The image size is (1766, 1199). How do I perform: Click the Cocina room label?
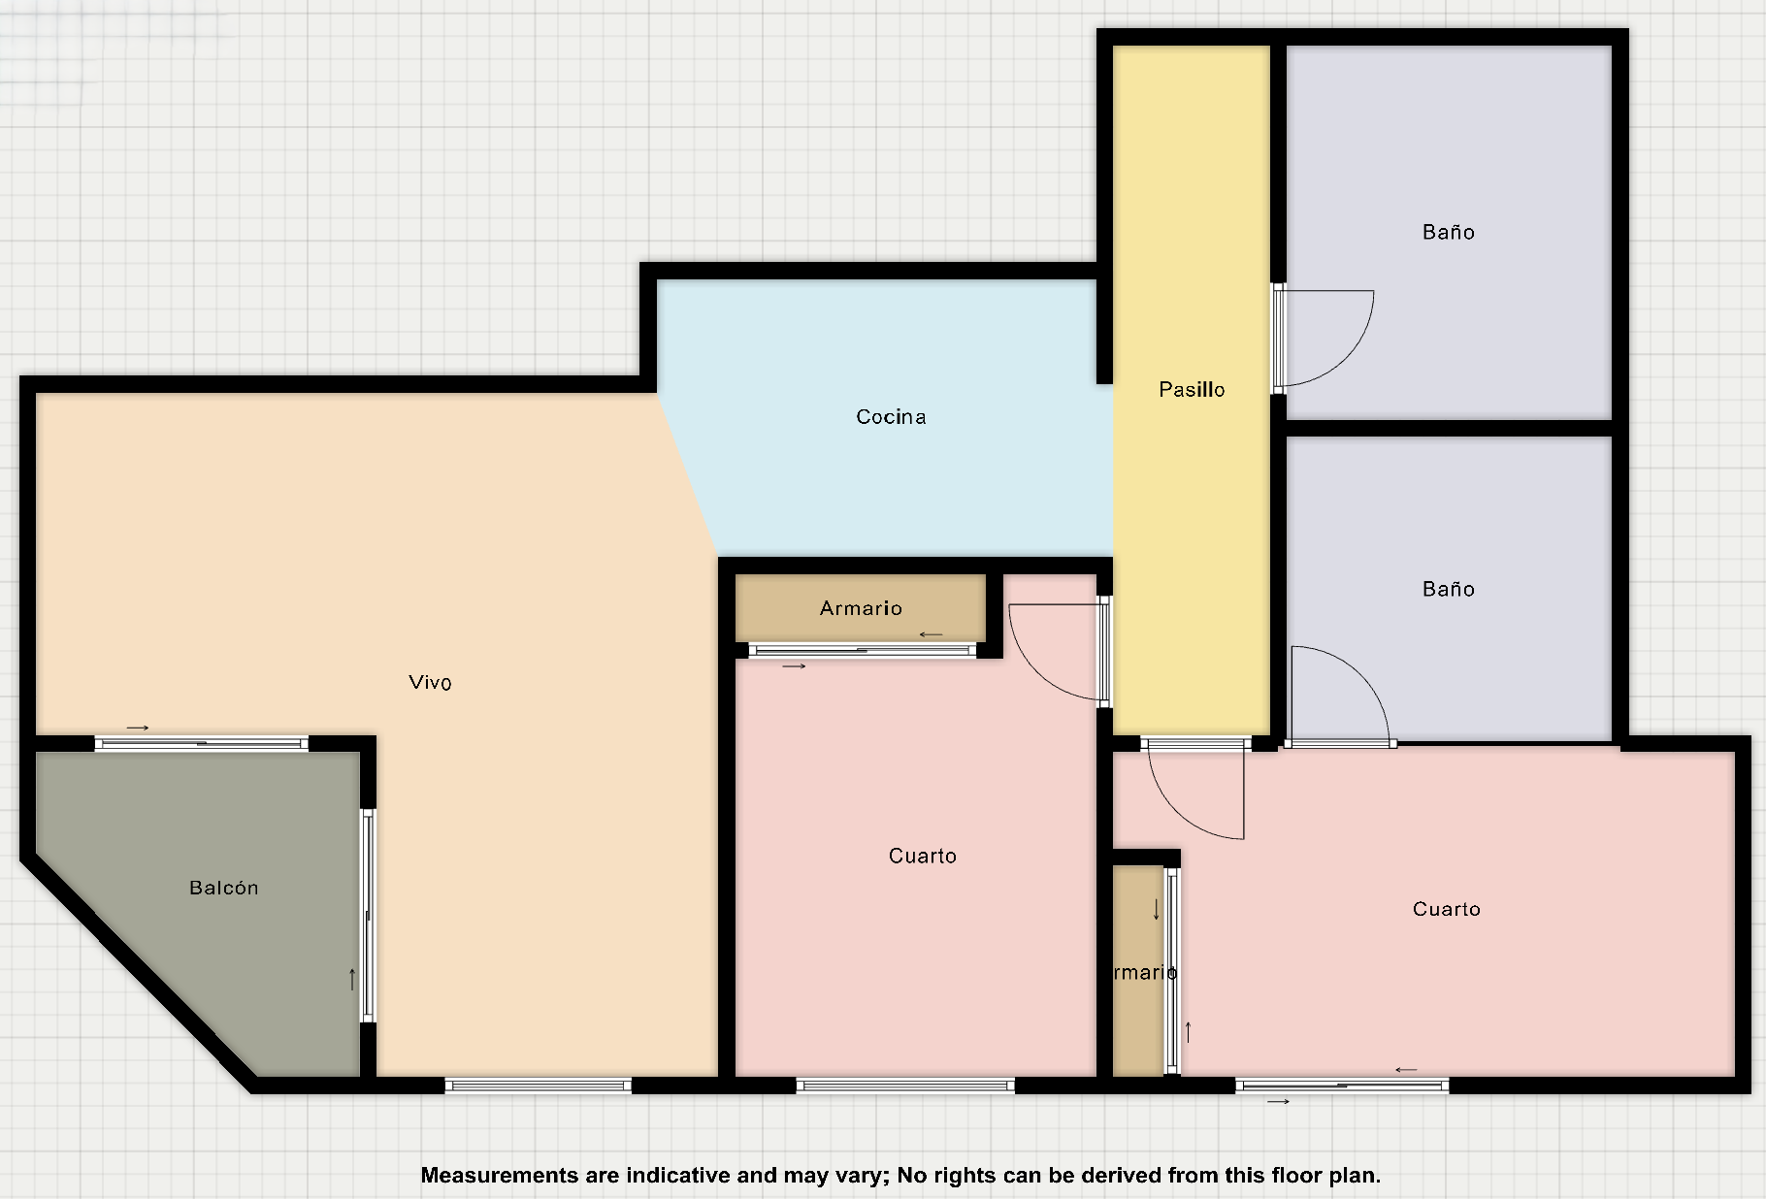pyautogui.click(x=891, y=417)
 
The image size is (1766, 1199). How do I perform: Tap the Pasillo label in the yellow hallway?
pyautogui.click(x=1192, y=390)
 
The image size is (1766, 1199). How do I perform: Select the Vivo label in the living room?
pyautogui.click(x=430, y=683)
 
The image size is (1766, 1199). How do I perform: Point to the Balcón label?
pyautogui.click(x=224, y=888)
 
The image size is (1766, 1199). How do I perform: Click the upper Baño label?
pyautogui.click(x=1448, y=232)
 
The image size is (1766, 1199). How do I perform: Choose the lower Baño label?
pyautogui.click(x=1448, y=589)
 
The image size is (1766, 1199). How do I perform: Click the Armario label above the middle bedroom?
pyautogui.click(x=861, y=608)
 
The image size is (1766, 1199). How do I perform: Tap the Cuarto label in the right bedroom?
pyautogui.click(x=1446, y=909)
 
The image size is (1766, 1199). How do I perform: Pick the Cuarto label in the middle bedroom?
pyautogui.click(x=923, y=856)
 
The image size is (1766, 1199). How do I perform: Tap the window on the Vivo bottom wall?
pyautogui.click(x=539, y=1086)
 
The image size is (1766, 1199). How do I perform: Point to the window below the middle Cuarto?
pyautogui.click(x=905, y=1086)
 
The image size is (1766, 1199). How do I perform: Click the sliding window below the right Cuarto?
pyautogui.click(x=1342, y=1086)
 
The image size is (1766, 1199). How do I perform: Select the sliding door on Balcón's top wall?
pyautogui.click(x=202, y=744)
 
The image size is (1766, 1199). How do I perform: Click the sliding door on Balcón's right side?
pyautogui.click(x=368, y=915)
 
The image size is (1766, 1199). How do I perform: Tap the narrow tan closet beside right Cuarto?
pyautogui.click(x=1137, y=970)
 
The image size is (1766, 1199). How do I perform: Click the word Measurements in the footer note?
pyautogui.click(x=499, y=1176)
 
